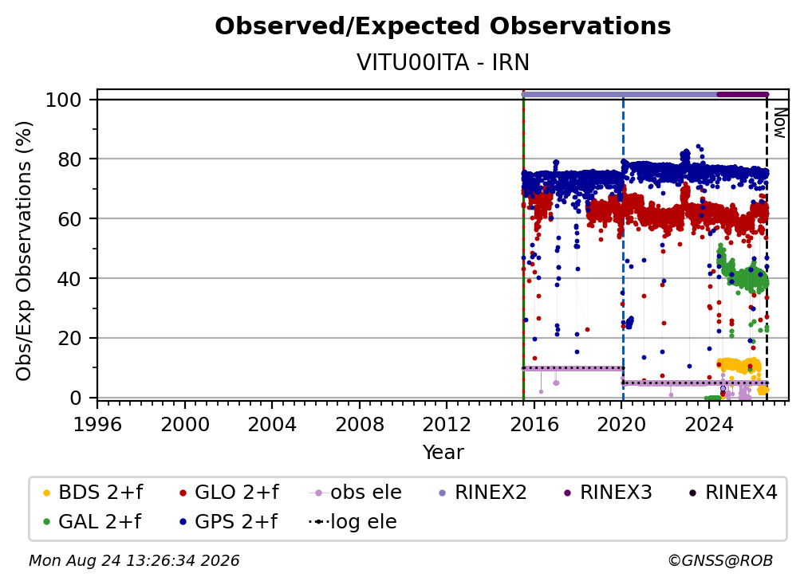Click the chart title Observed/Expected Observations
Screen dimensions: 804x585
coord(443,26)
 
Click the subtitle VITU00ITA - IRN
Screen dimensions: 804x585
coord(443,62)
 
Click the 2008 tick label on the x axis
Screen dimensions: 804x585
coord(359,424)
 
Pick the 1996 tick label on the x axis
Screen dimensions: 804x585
coord(97,424)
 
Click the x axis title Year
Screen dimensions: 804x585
coord(443,453)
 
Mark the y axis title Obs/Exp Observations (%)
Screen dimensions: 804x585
coord(24,251)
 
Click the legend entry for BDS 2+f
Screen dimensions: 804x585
coord(93,493)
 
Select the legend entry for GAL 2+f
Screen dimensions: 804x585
coord(92,521)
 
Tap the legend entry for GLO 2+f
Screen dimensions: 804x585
coord(229,493)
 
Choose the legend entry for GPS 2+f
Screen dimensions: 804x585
coord(228,521)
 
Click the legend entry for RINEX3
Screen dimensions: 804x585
coord(608,493)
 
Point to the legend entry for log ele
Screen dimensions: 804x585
coord(353,521)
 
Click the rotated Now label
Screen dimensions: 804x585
coord(778,123)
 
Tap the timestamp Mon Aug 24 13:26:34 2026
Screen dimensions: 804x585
coord(134,560)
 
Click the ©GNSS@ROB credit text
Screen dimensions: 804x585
coord(720,560)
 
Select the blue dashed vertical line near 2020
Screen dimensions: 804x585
coord(623,249)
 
